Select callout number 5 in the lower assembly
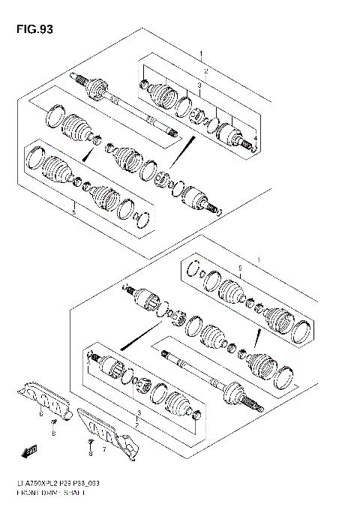(x=240, y=268)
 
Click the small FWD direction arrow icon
(x=31, y=449)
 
